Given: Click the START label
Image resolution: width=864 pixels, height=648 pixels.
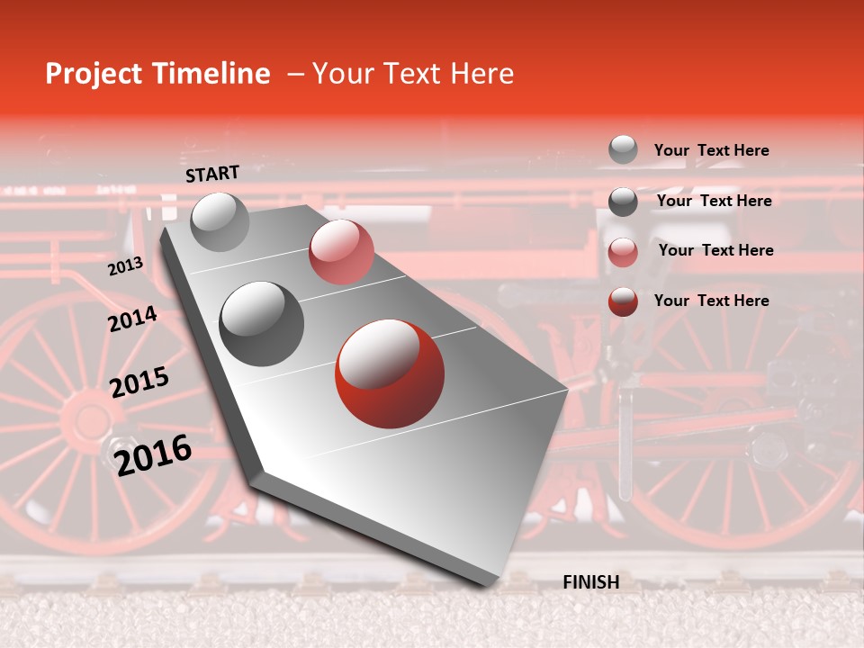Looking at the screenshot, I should (x=212, y=174).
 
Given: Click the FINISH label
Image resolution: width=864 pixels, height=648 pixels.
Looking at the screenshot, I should (x=590, y=582).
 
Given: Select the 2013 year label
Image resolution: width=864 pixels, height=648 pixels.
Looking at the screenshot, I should (x=125, y=266).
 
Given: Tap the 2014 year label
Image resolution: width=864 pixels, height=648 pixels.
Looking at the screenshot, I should (x=132, y=319).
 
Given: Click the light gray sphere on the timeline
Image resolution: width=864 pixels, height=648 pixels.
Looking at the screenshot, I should (x=220, y=221).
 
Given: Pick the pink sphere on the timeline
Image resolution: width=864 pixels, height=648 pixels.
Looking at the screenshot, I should (x=341, y=252).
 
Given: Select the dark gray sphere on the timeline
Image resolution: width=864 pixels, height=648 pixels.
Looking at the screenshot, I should (x=261, y=323).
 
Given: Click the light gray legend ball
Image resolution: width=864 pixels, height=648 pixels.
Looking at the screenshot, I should (x=623, y=149).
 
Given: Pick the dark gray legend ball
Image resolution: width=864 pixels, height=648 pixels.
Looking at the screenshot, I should (x=623, y=202).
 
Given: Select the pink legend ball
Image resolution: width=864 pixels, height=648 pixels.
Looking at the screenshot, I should (x=623, y=252).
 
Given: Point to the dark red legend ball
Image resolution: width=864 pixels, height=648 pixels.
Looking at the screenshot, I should (x=623, y=301).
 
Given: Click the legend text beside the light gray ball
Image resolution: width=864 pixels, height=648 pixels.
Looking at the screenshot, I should (x=711, y=150).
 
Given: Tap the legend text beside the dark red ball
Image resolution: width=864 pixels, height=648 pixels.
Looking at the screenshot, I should (x=711, y=301).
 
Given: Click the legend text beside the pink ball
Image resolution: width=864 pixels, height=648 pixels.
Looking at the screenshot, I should (x=715, y=250).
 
